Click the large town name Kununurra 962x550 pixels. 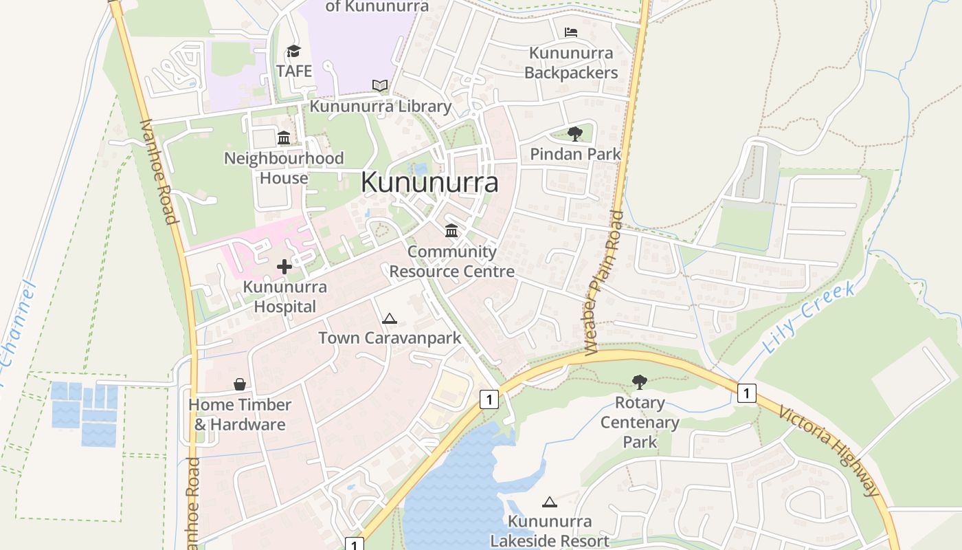tap(429, 183)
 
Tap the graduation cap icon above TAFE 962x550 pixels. tap(293, 51)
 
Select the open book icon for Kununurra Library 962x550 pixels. tap(380, 86)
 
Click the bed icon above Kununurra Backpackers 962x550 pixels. tap(570, 32)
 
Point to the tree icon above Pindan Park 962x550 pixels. tap(575, 134)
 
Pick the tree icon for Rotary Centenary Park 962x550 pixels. tap(640, 382)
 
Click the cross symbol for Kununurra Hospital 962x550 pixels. tap(284, 266)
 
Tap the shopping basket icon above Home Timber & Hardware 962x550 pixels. tap(240, 384)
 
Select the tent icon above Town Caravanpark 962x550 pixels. tap(390, 318)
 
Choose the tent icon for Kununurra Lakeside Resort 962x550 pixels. tap(549, 503)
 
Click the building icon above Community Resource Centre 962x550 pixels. tap(451, 230)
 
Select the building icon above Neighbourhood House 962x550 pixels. tap(284, 138)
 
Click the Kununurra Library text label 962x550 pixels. tap(380, 107)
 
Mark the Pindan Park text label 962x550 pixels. tap(575, 154)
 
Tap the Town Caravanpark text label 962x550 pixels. tap(390, 338)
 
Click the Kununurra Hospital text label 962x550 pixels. tap(284, 296)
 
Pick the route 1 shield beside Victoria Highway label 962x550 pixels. tap(746, 393)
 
